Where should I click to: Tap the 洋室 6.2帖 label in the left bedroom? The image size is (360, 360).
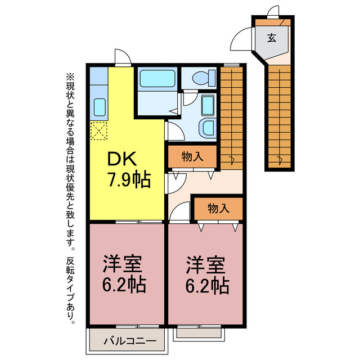(123, 274)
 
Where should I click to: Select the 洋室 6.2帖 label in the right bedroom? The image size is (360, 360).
(206, 274)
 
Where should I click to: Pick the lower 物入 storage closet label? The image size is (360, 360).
(218, 208)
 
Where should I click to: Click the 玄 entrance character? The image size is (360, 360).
(272, 38)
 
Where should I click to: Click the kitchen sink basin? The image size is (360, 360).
(100, 106)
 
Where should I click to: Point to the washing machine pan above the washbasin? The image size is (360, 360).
(208, 105)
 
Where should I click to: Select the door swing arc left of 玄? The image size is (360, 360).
(241, 39)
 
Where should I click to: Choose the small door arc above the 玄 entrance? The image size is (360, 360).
(273, 11)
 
